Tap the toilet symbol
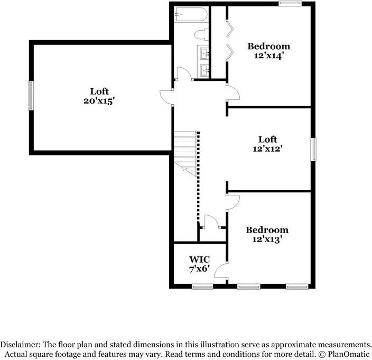(200, 35)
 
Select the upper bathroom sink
(204, 52)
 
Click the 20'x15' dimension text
(99, 100)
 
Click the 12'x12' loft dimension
(268, 149)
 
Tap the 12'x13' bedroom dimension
(267, 239)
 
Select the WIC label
(200, 259)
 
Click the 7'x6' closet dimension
(200, 269)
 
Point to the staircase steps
(185, 148)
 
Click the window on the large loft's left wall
(31, 96)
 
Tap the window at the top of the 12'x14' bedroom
(291, 4)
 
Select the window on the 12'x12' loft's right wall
(314, 149)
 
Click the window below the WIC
(202, 287)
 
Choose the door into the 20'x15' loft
(166, 96)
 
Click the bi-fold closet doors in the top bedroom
(229, 39)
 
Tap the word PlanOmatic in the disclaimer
(347, 352)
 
